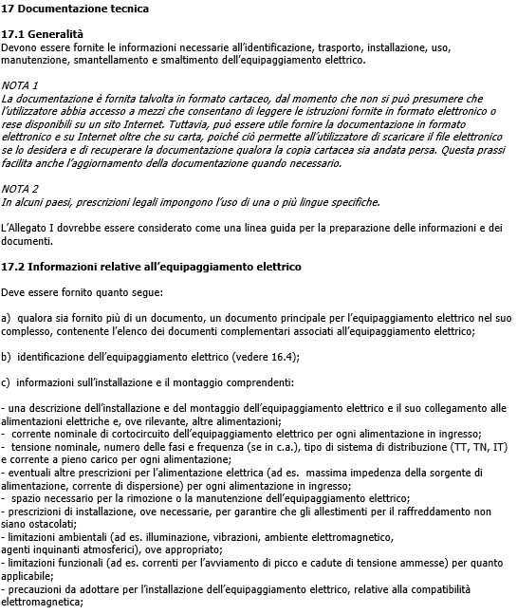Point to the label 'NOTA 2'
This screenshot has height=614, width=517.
20,188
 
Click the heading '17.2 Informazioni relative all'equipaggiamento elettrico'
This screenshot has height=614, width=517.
151,266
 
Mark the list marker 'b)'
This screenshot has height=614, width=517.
7,356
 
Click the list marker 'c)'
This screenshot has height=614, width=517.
7,382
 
